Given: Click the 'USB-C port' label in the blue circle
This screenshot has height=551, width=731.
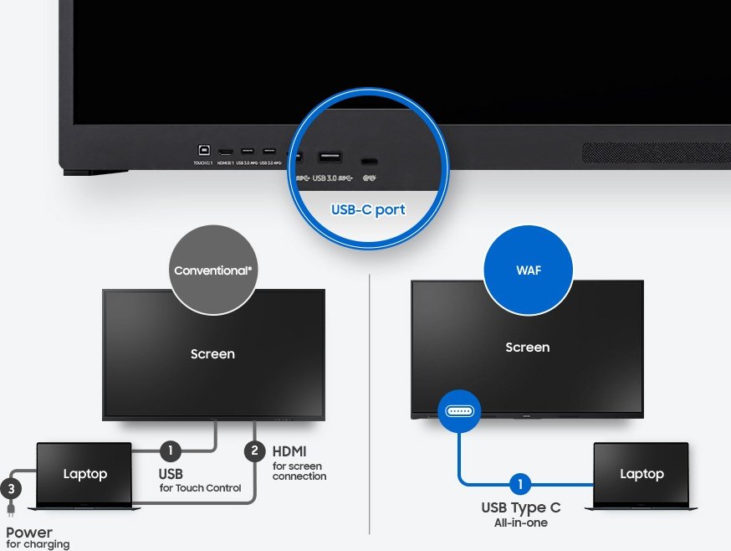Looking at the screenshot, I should [x=366, y=209].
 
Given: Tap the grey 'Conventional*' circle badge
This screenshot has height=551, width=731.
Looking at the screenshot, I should [x=212, y=270].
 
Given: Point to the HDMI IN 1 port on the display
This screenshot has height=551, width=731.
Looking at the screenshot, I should [x=226, y=152].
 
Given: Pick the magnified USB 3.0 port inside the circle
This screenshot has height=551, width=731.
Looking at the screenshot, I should [x=329, y=157].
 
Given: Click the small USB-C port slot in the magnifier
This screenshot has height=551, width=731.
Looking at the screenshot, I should [x=368, y=160].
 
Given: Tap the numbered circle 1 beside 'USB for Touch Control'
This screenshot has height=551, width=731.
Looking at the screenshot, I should [x=171, y=451].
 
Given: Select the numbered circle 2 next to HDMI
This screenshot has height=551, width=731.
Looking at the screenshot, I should [x=253, y=451].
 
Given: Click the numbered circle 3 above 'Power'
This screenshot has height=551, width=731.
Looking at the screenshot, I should [x=11, y=487].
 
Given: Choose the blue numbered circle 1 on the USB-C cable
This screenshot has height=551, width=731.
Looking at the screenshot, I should [x=519, y=484].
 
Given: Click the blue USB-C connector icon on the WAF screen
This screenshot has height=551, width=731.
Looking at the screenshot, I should [x=458, y=411].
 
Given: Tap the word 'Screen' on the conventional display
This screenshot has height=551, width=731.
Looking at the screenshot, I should [x=212, y=354].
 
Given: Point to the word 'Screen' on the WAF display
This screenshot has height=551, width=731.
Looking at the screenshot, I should [x=527, y=348].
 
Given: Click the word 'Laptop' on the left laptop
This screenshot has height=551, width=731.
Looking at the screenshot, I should [x=85, y=474].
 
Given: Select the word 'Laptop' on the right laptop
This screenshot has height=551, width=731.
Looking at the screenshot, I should [x=642, y=474].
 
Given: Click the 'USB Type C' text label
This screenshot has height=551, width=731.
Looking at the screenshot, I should [x=520, y=507].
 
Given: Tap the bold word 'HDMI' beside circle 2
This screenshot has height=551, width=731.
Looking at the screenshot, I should [x=289, y=451].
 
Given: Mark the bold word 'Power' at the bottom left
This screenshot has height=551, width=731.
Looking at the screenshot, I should [x=29, y=533].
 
